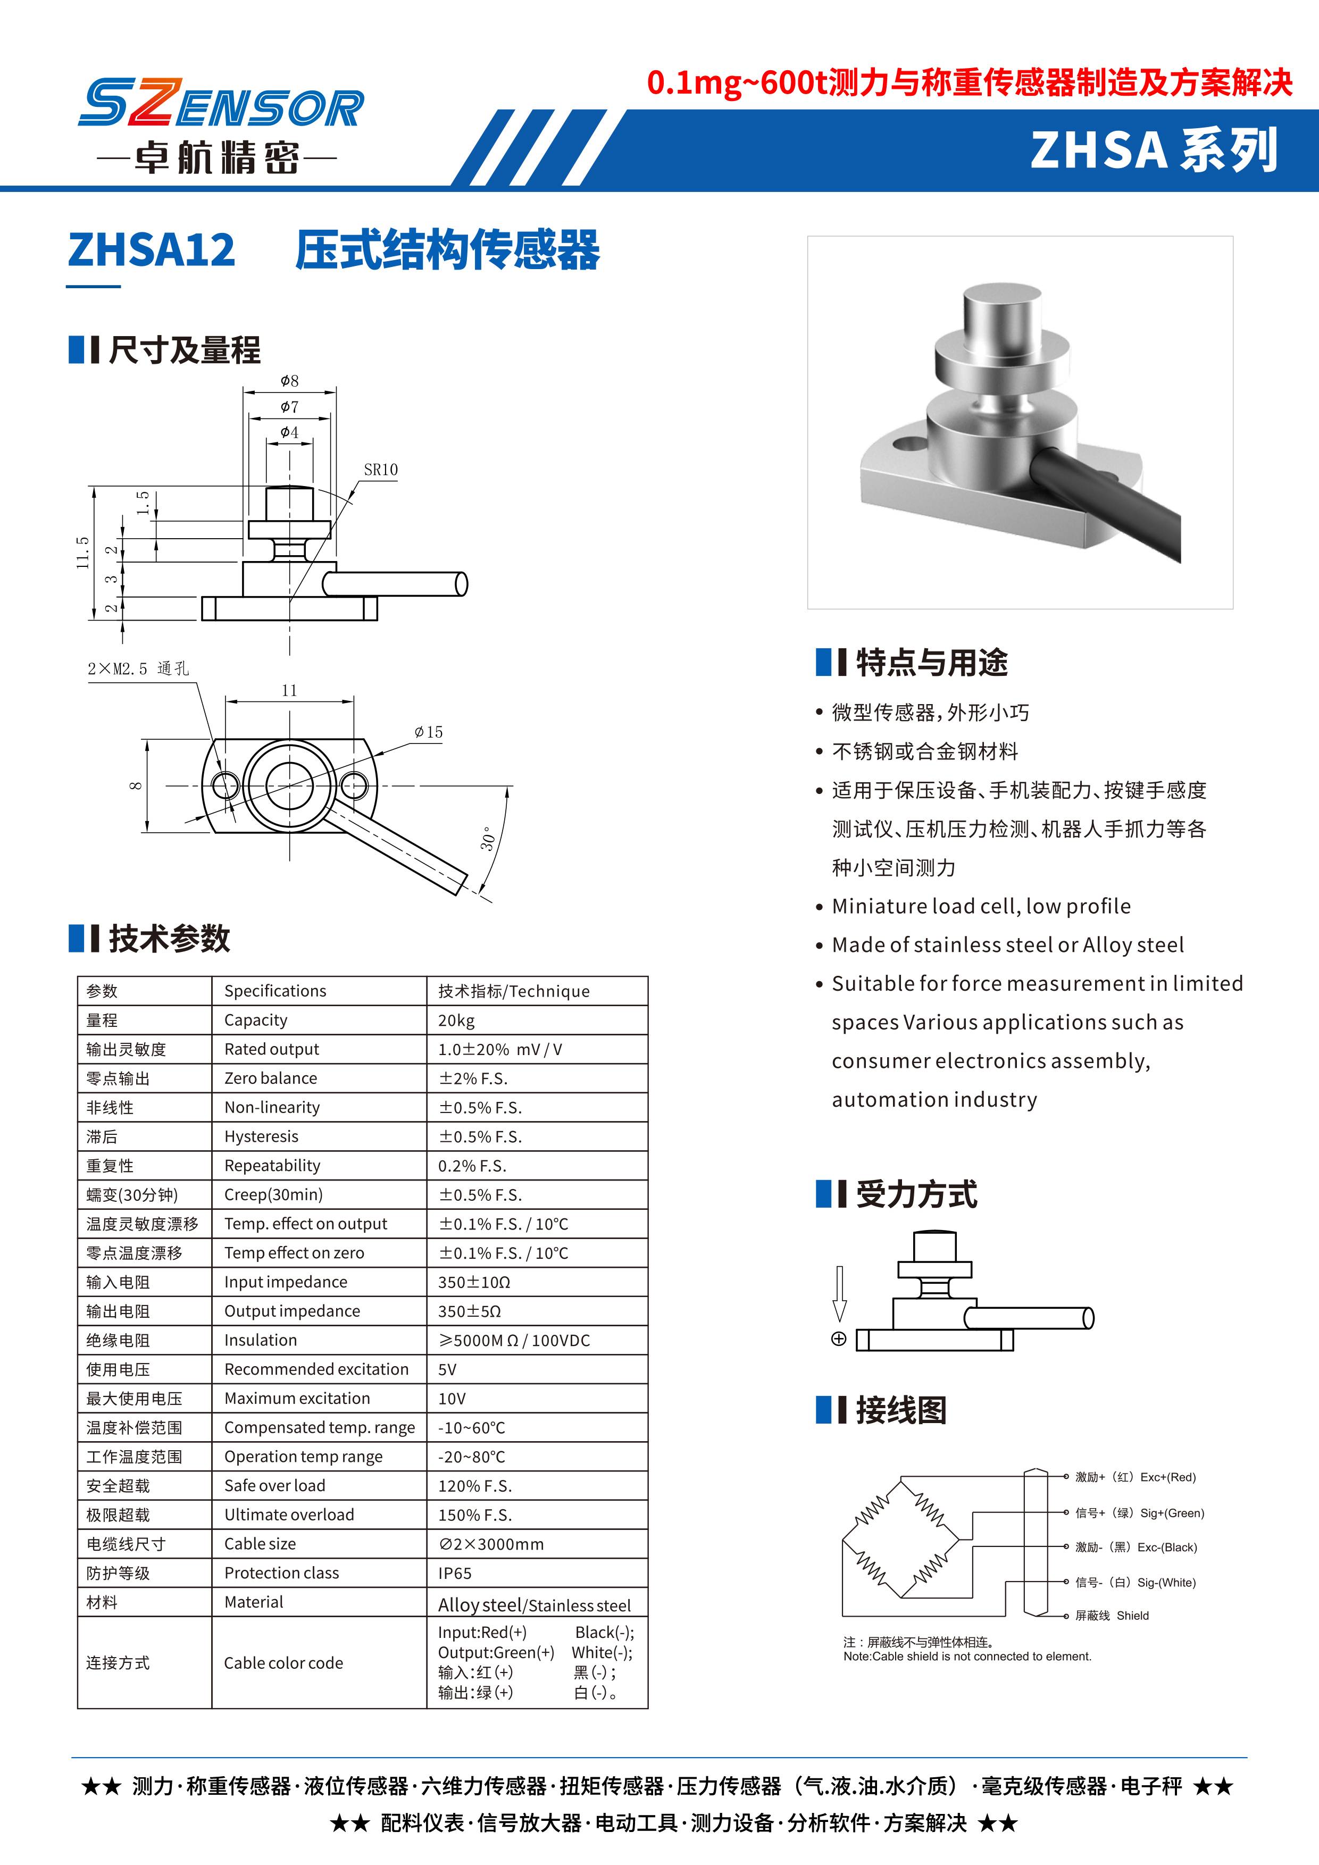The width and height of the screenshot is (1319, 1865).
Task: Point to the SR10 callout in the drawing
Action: pos(380,470)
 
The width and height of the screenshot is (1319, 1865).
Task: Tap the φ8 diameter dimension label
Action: pos(289,381)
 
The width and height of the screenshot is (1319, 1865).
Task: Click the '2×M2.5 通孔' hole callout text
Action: pos(138,668)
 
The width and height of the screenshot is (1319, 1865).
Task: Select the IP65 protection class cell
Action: pos(455,1573)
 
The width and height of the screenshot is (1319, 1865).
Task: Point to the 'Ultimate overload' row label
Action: pos(289,1514)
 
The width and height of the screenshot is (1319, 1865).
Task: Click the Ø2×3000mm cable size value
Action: pos(490,1543)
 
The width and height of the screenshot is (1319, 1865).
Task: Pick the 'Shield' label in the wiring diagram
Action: pos(1132,1615)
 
